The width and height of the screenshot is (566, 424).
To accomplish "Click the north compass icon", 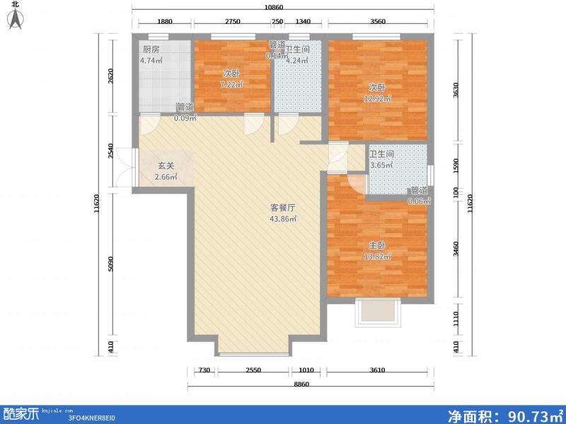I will coord(15,17).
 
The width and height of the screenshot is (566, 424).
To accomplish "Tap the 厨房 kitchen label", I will coord(151,49).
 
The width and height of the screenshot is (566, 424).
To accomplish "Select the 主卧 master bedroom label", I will coord(375,245).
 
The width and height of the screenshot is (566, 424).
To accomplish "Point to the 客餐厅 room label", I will coord(282,208).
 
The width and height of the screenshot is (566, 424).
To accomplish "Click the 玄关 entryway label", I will coord(165,165).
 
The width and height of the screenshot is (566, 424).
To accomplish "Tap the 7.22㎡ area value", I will coord(231,85).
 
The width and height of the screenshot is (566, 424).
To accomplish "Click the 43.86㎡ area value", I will coord(282,219).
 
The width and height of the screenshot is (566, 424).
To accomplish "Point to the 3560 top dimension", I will coord(378,22).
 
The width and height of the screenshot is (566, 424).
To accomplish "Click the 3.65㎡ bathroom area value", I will coord(381,165).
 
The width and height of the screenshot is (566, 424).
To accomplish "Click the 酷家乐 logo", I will coord(21,414).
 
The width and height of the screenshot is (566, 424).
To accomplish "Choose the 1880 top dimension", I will coord(164,22).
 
